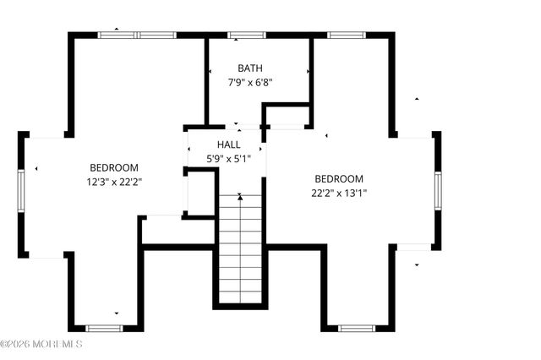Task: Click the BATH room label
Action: [x=249, y=68]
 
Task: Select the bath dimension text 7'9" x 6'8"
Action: [x=249, y=83]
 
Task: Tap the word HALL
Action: [x=228, y=145]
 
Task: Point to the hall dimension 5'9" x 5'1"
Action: [x=228, y=158]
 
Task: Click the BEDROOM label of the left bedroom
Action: [x=113, y=167]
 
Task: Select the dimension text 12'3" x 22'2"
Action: [x=113, y=182]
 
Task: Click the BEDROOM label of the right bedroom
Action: [x=339, y=178]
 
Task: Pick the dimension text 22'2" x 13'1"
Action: [x=339, y=193]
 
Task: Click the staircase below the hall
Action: [x=240, y=249]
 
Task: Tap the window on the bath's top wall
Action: [x=245, y=35]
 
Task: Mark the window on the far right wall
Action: [x=437, y=189]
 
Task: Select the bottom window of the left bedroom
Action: [x=105, y=327]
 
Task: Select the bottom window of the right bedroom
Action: [x=357, y=327]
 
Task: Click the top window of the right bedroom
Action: [x=345, y=35]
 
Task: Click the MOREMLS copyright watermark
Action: [x=41, y=344]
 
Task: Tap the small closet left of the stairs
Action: [x=200, y=193]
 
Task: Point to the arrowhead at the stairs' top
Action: [x=240, y=197]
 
